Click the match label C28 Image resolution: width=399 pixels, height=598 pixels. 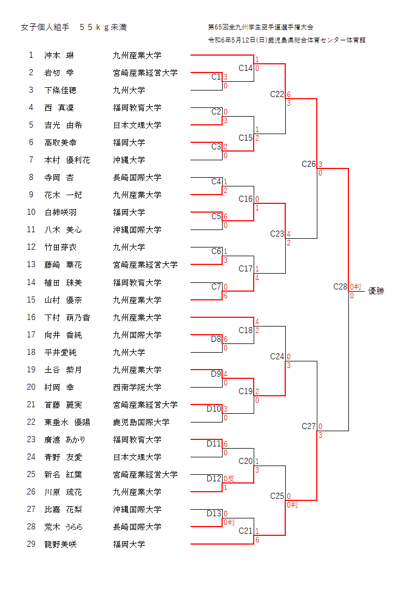(x=340, y=287)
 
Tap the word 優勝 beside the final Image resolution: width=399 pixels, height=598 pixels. (x=376, y=291)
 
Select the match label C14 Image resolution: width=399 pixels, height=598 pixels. (x=245, y=68)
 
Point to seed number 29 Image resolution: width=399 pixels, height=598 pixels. (x=31, y=544)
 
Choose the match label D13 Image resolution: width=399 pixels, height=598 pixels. (x=214, y=514)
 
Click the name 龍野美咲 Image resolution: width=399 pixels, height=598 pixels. (x=60, y=544)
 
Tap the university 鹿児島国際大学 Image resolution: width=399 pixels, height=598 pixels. (x=141, y=422)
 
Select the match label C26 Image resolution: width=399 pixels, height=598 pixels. (x=309, y=164)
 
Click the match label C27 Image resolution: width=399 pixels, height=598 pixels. (x=309, y=426)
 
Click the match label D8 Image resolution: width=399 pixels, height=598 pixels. (x=216, y=339)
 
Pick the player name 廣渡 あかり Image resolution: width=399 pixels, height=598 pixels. (x=65, y=439)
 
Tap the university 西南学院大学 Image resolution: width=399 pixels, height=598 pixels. (x=137, y=387)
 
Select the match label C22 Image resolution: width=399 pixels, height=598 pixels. (x=277, y=94)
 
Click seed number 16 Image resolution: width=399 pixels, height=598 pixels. (x=31, y=317)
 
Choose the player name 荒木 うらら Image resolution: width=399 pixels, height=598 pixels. (x=63, y=527)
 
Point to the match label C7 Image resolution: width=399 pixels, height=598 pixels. (x=216, y=287)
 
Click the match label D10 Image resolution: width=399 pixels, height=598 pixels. (x=214, y=409)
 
